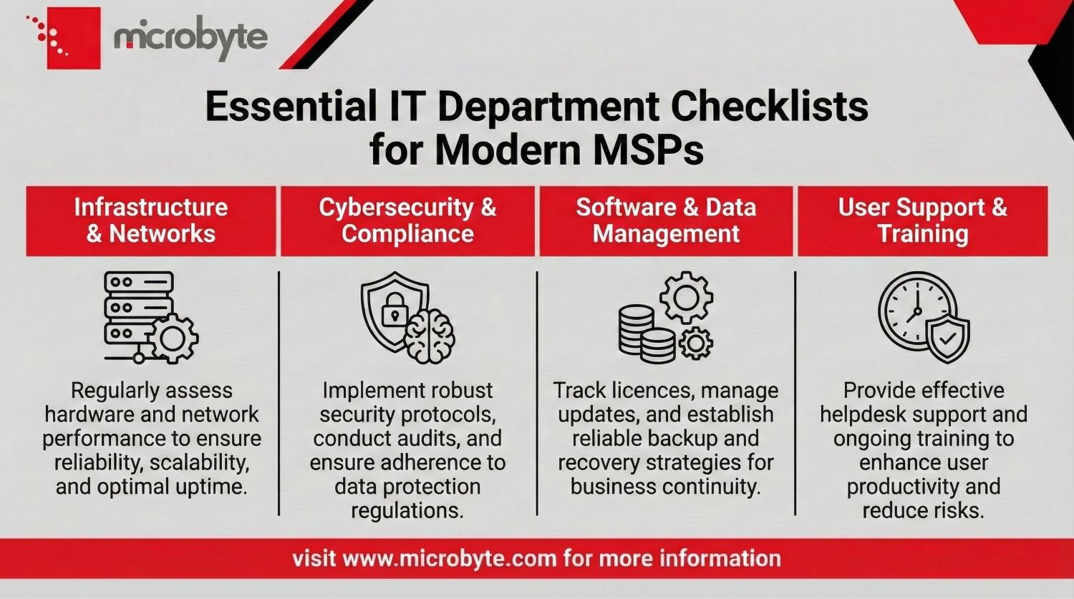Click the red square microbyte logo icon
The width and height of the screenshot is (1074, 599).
pyautogui.click(x=73, y=38)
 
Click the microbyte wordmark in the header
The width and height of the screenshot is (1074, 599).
pyautogui.click(x=190, y=38)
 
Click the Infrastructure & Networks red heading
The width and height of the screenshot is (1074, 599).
pyautogui.click(x=151, y=220)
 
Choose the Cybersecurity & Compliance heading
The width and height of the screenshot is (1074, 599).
pyautogui.click(x=407, y=220)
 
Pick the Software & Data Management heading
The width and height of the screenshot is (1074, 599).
pyautogui.click(x=666, y=220)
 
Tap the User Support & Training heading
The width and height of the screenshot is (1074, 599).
pyautogui.click(x=922, y=220)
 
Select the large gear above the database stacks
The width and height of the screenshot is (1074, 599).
pyautogui.click(x=686, y=296)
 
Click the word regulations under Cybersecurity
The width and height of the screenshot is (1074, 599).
pyautogui.click(x=407, y=511)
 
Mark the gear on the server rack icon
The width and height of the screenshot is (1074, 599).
pyautogui.click(x=173, y=339)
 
